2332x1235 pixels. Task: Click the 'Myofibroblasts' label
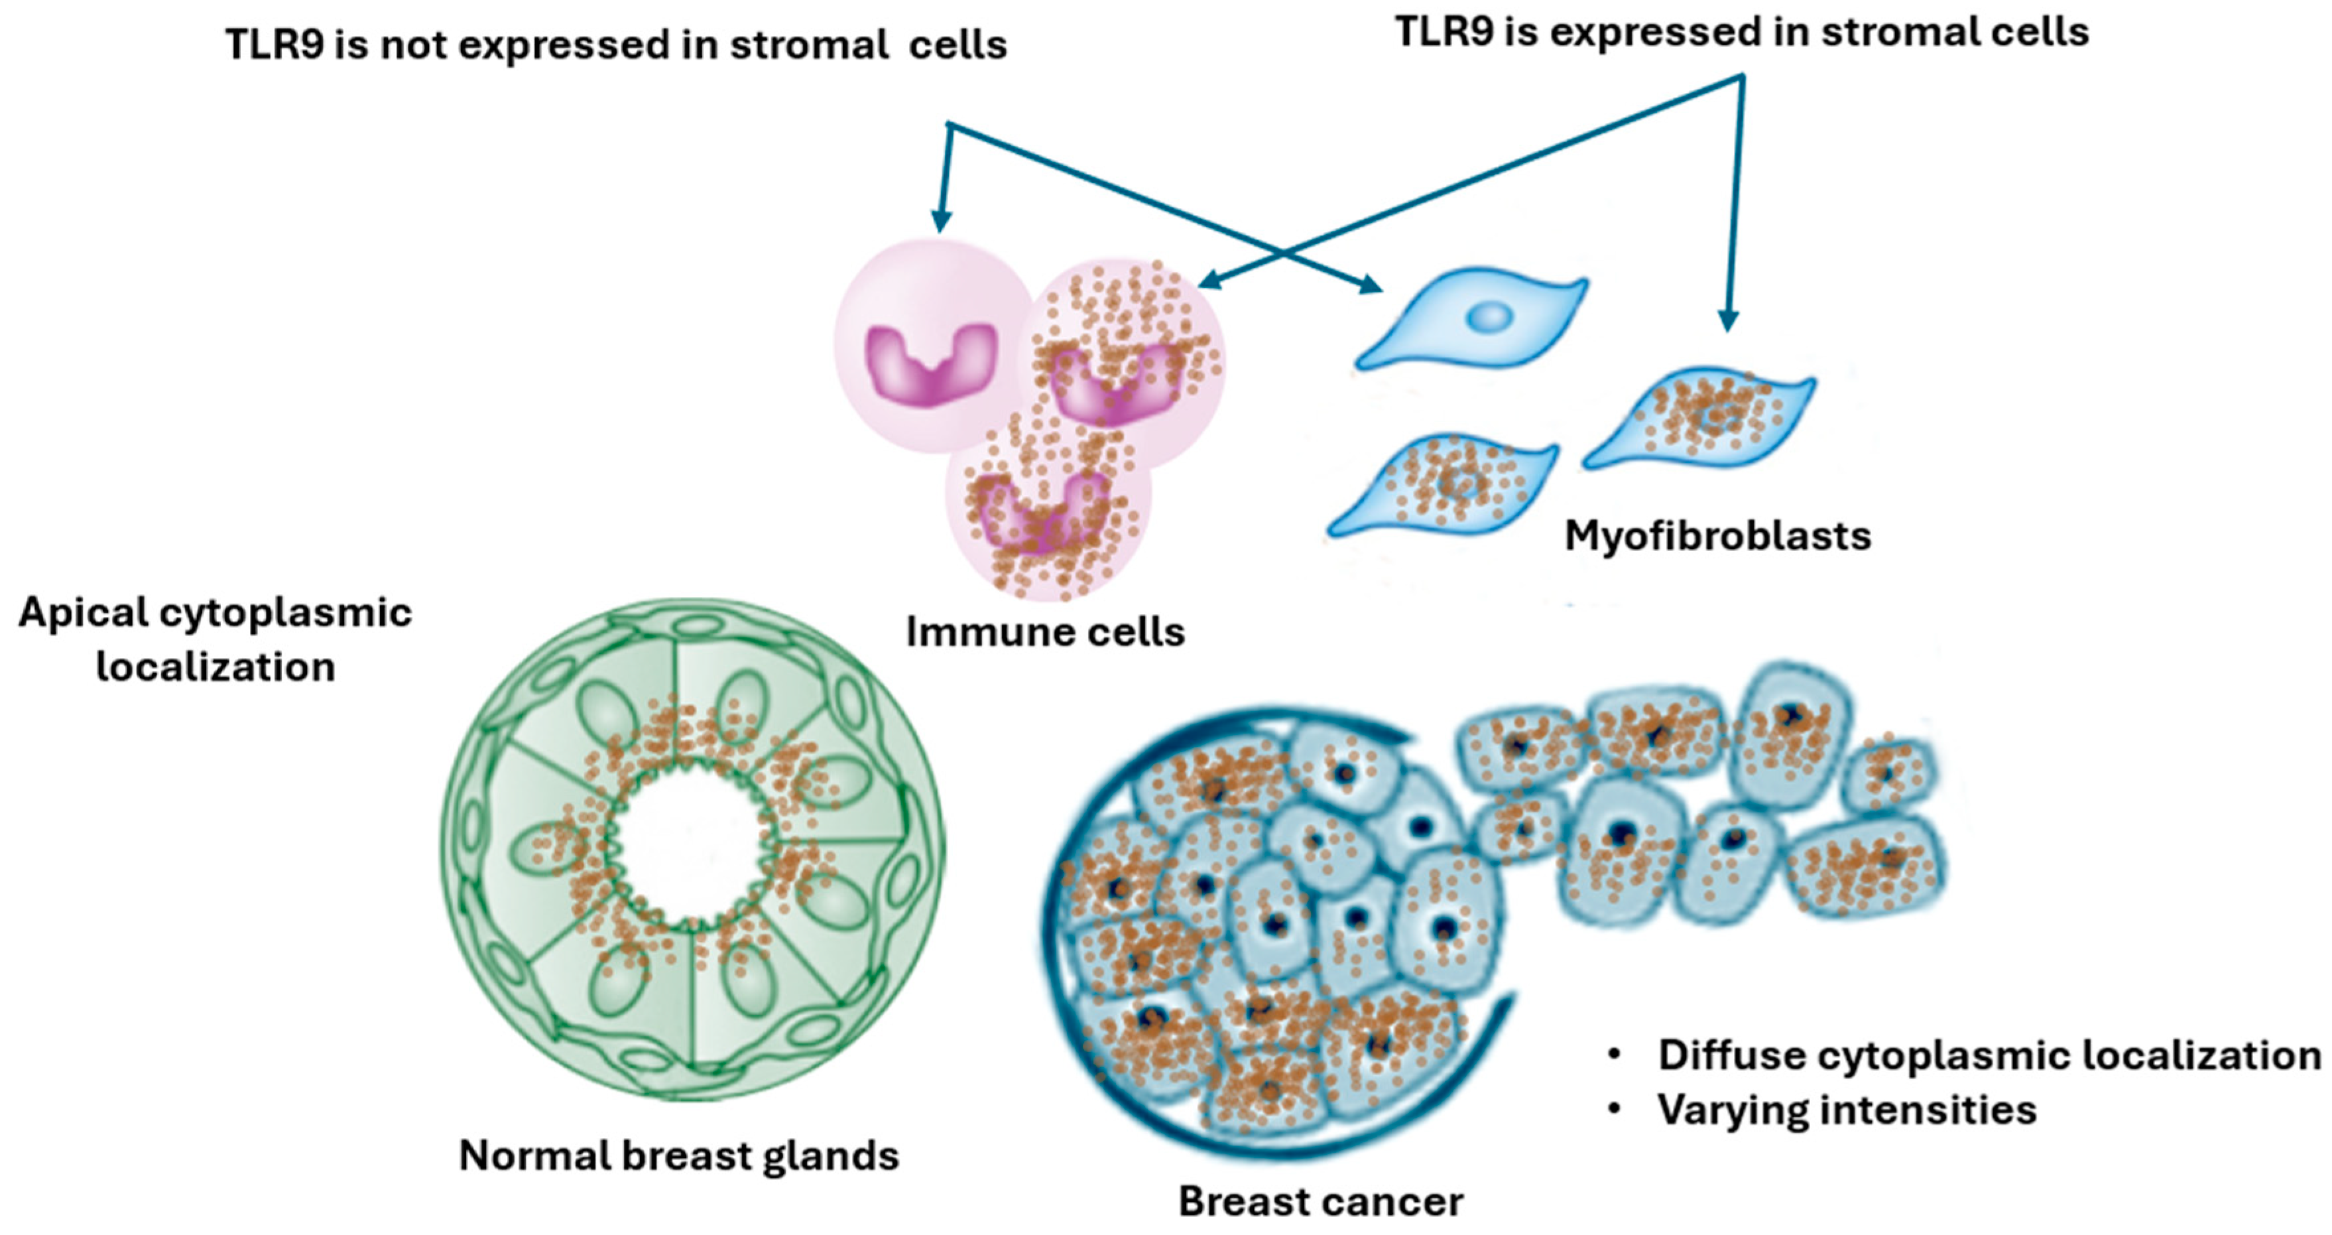tap(1717, 536)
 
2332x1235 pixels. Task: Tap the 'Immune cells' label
tap(1045, 632)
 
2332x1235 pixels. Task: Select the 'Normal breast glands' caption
tap(679, 1156)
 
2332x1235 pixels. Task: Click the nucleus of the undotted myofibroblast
tap(1489, 317)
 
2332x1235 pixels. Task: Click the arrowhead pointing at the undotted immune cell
tap(942, 222)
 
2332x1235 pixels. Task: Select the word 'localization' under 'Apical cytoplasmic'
tap(215, 668)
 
